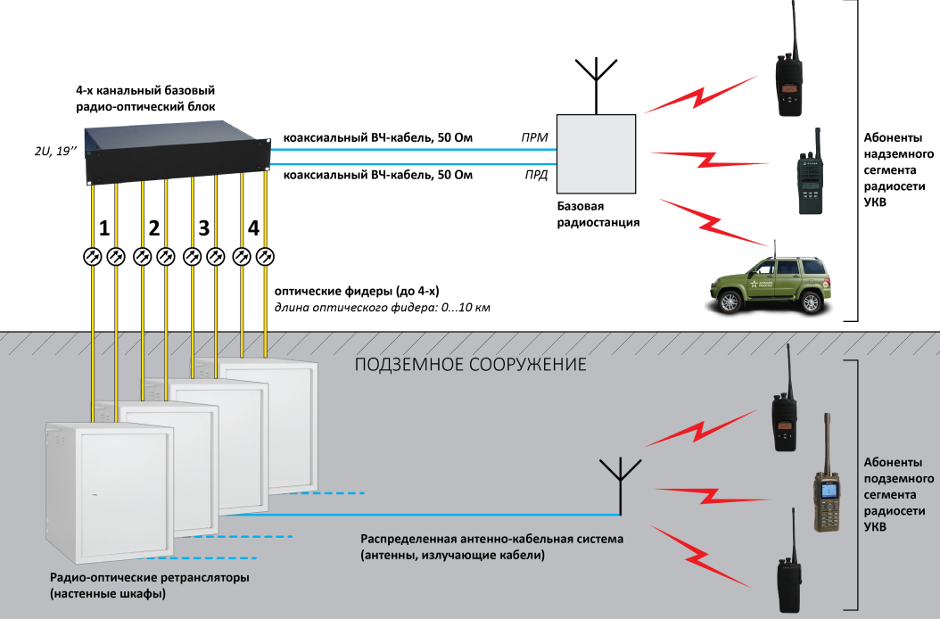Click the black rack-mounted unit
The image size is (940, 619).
tap(177, 154)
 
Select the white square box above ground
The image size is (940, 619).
tap(596, 153)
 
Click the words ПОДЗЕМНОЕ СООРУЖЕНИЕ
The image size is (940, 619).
tap(470, 366)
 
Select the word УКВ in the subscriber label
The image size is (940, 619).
tap(876, 527)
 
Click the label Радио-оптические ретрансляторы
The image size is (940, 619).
tap(149, 578)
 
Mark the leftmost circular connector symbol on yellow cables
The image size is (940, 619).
tap(92, 257)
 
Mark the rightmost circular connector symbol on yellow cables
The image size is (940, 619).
tap(265, 257)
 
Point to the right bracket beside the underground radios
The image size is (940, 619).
tap(854, 486)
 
